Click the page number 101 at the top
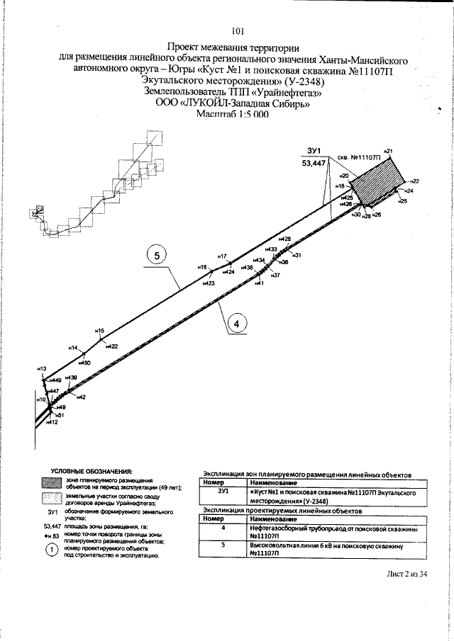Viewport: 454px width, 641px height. coord(238,30)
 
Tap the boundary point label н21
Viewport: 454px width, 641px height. coord(388,151)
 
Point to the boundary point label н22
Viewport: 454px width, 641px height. coord(415,181)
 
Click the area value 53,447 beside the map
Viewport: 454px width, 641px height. coord(314,163)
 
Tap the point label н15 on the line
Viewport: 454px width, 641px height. coord(99,331)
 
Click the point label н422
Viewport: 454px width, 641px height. coord(111,346)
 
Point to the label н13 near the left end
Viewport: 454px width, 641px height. coord(41,369)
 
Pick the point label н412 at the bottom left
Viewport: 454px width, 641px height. coord(51,423)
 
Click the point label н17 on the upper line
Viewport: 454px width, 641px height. coord(221,256)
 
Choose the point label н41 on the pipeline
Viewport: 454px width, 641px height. coord(259,283)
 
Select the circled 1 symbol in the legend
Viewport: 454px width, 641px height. coord(50,550)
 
